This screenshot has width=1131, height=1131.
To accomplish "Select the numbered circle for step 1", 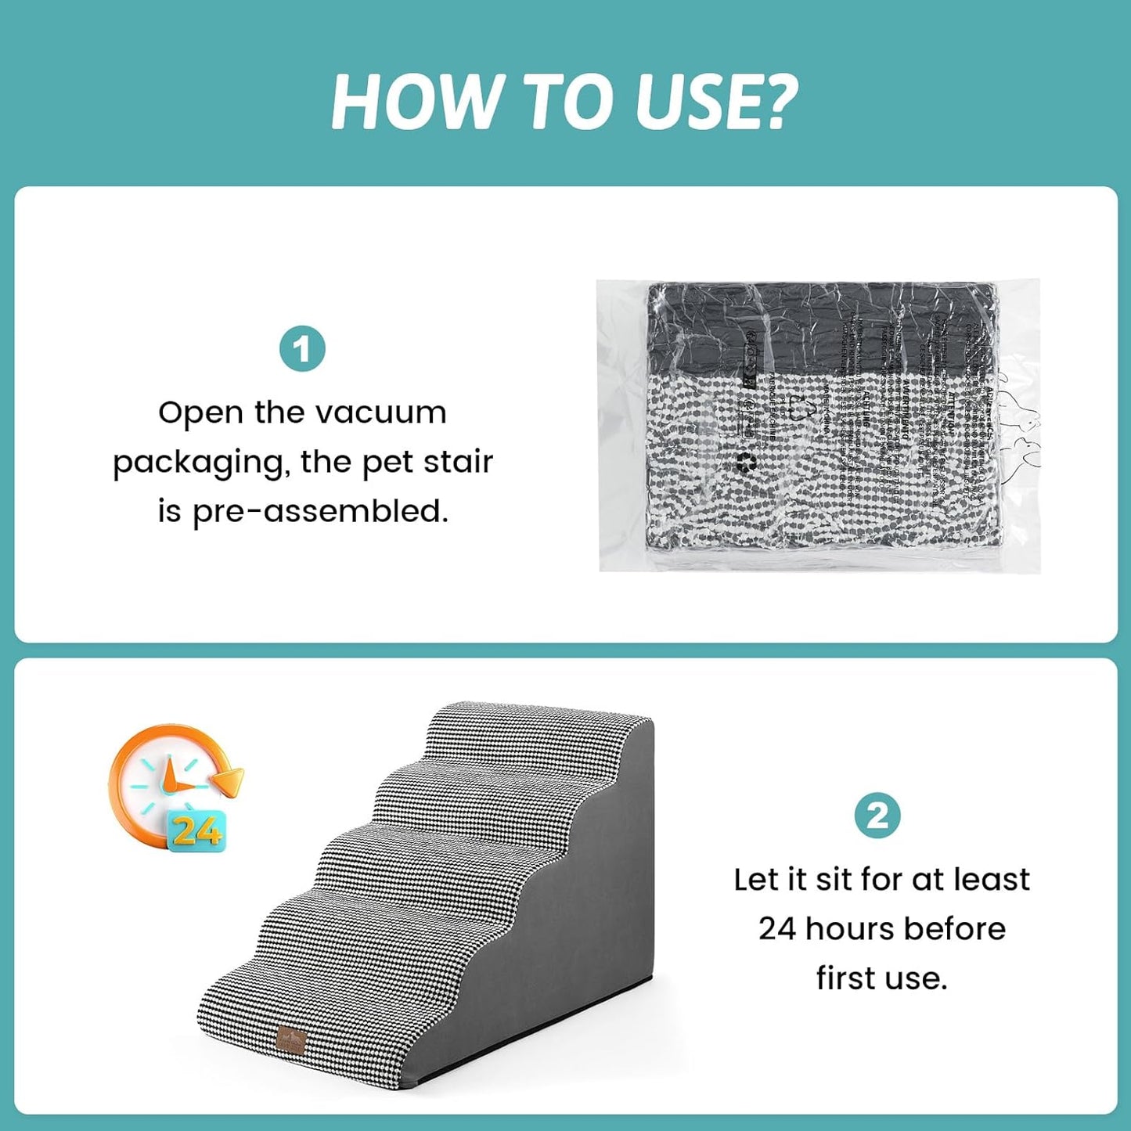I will [302, 349].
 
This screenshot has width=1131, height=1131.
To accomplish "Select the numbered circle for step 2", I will [877, 816].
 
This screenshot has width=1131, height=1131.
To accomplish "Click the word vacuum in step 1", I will [388, 412].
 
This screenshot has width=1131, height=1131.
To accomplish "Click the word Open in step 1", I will [200, 413].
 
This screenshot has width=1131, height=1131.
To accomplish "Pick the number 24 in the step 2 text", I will [777, 928].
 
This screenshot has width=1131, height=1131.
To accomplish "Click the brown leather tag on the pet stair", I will [292, 1039].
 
